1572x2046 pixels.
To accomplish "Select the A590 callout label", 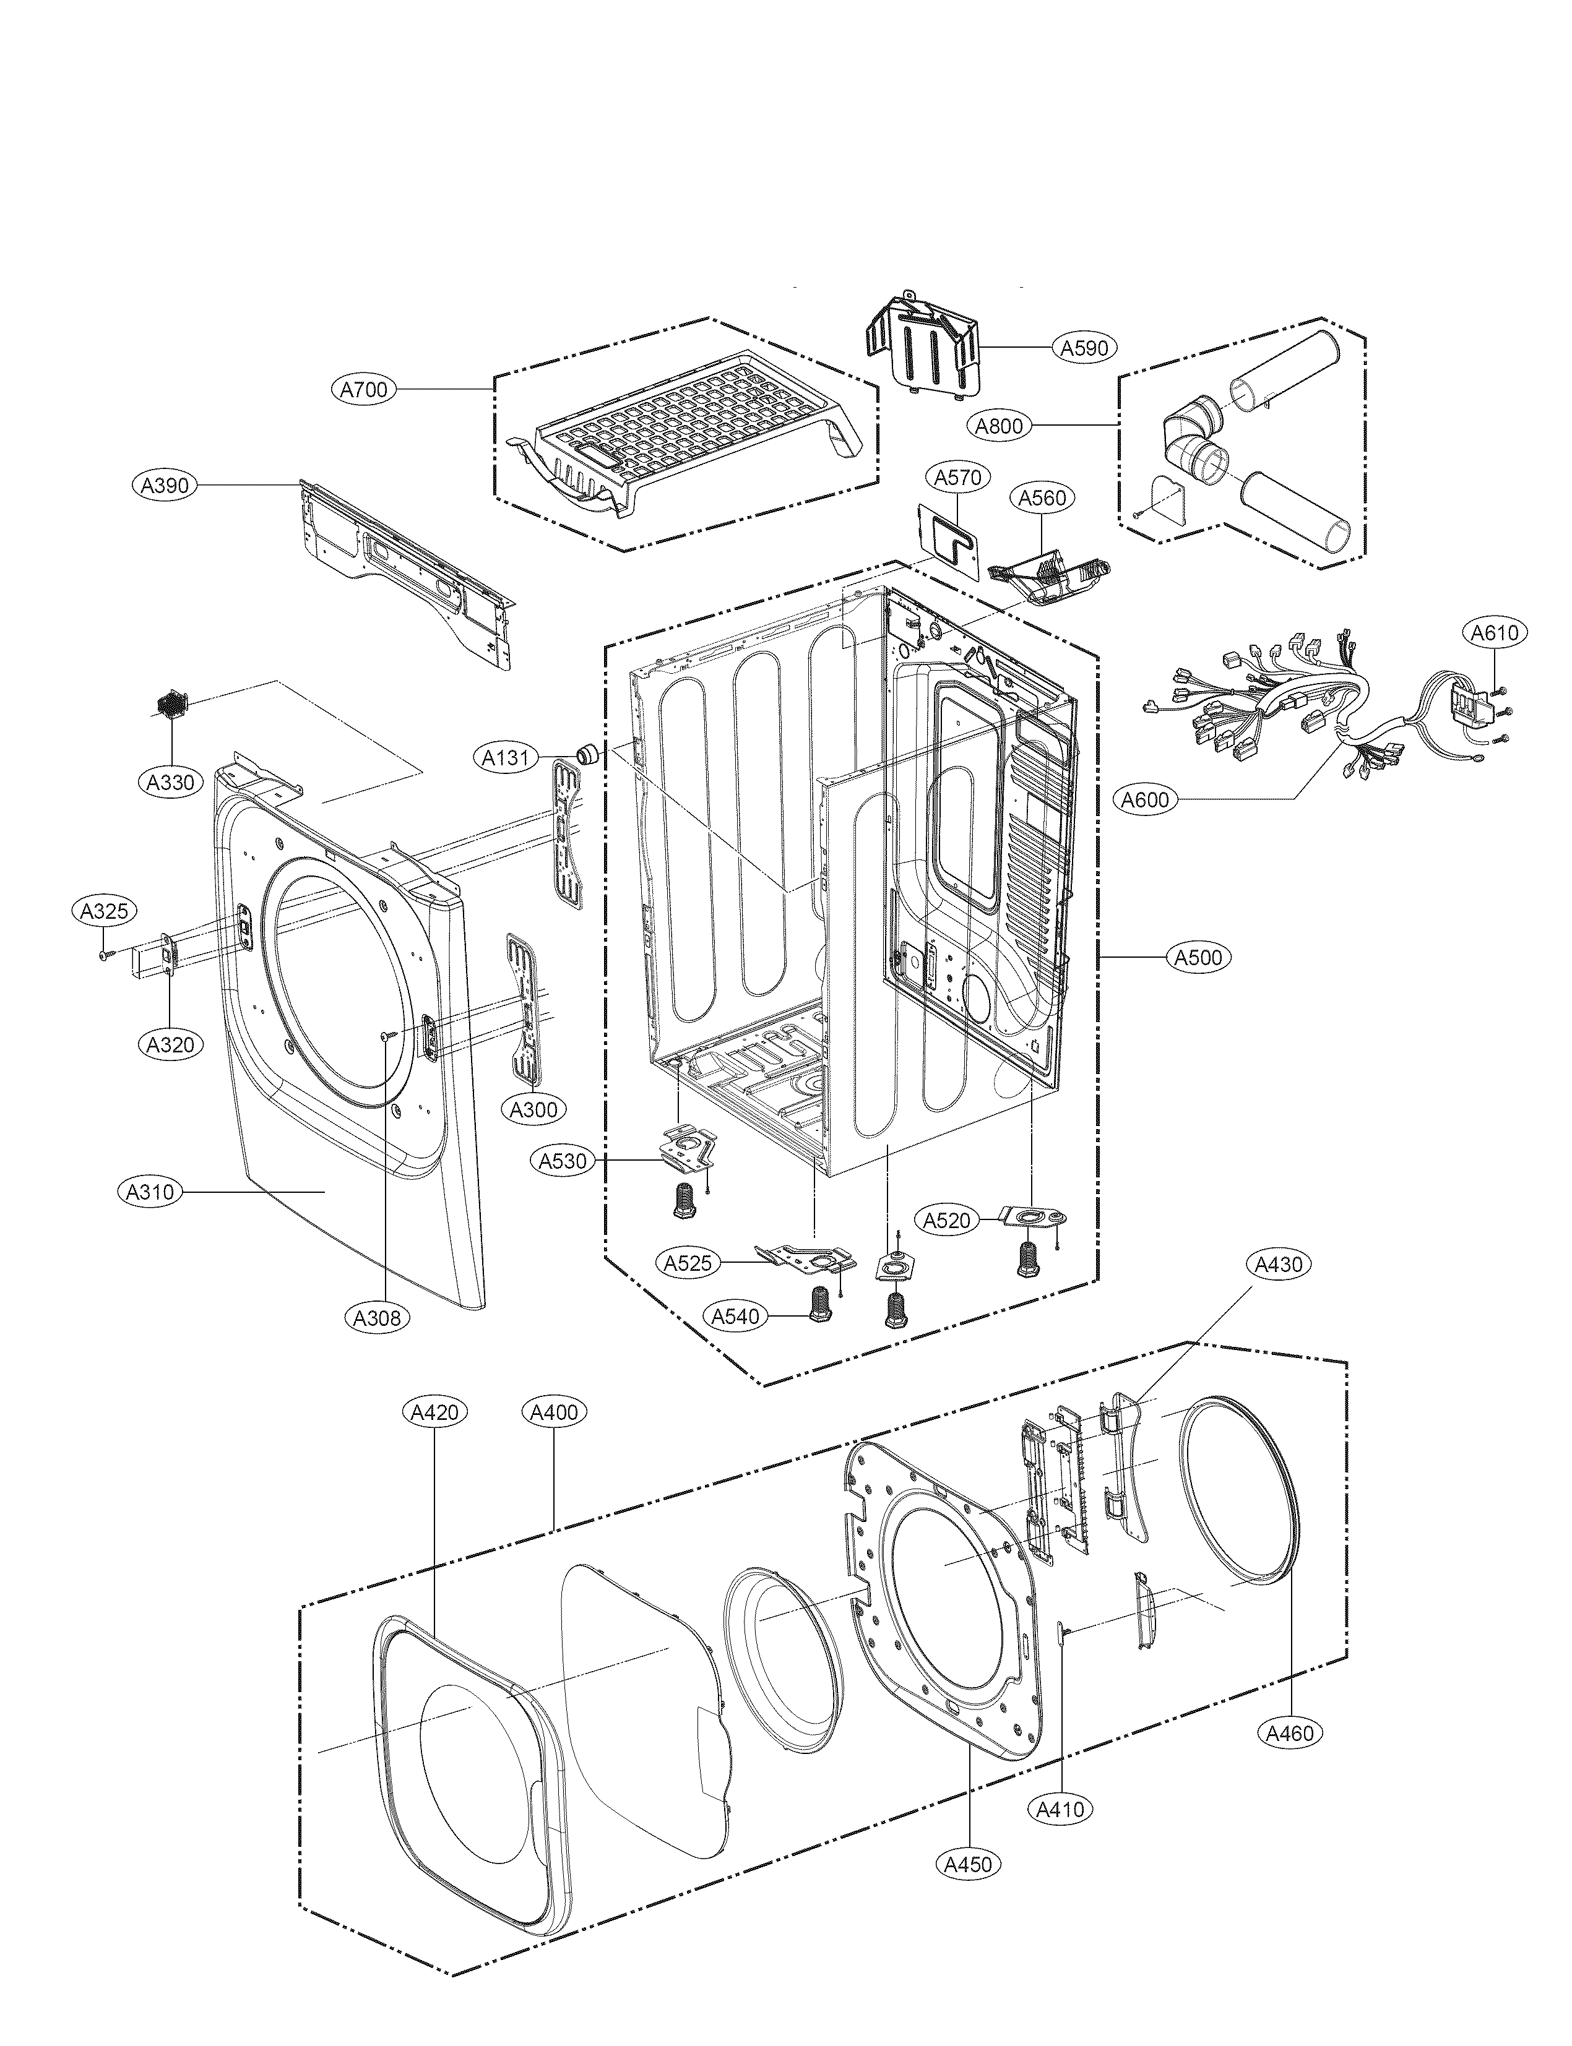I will coord(1084,348).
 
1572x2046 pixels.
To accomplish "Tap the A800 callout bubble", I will coord(1000,426).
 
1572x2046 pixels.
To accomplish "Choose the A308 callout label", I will coord(377,1318).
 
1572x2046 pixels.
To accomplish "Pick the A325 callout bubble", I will coord(105,911).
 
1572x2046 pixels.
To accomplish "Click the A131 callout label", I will coord(506,758).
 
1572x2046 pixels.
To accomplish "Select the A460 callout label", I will coord(1290,1734).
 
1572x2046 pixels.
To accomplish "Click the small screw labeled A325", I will coord(104,953).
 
